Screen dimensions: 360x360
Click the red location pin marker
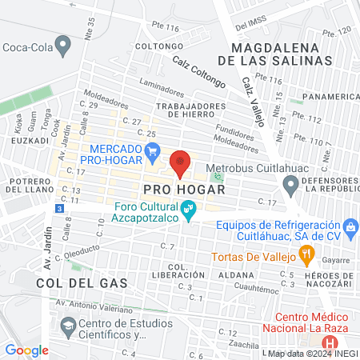click(180, 162)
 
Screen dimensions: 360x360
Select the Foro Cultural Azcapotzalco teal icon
click(190, 211)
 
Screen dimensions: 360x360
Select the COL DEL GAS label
click(71, 282)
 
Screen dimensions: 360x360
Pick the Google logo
click(26, 350)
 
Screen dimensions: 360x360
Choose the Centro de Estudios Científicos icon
click(69, 326)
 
